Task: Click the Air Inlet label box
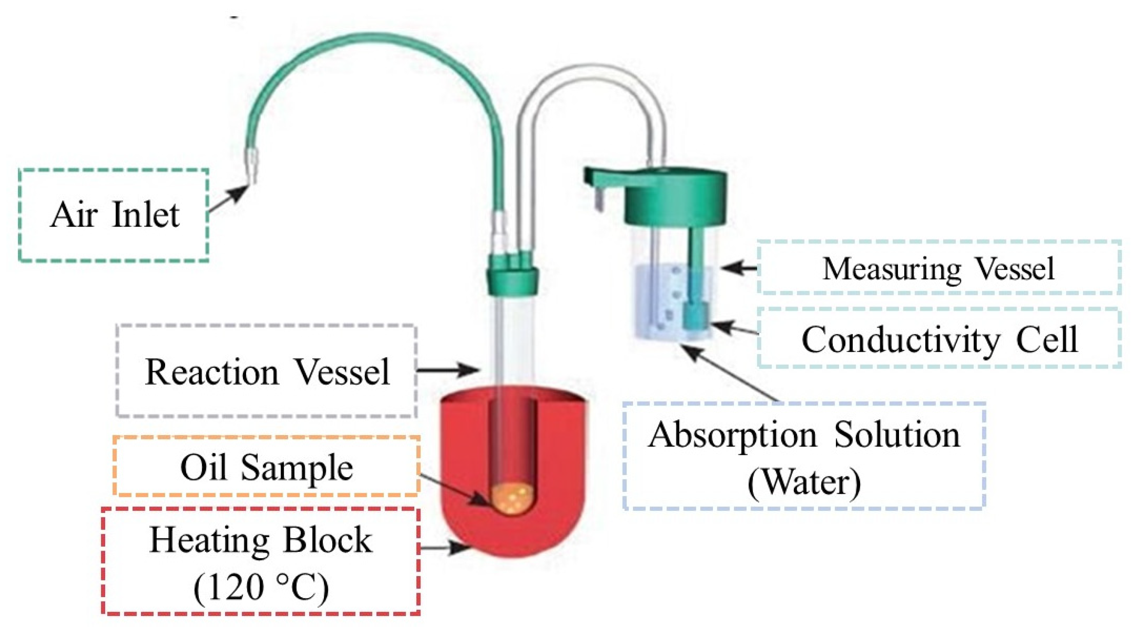point(114,215)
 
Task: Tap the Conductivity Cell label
point(939,339)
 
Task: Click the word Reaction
point(212,372)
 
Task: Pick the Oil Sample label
point(266,467)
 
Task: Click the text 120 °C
point(261,587)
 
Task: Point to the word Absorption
point(732,436)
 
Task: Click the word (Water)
point(804,482)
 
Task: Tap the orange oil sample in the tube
point(512,499)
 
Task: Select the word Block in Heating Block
point(327,540)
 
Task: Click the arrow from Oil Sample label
point(454,490)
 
